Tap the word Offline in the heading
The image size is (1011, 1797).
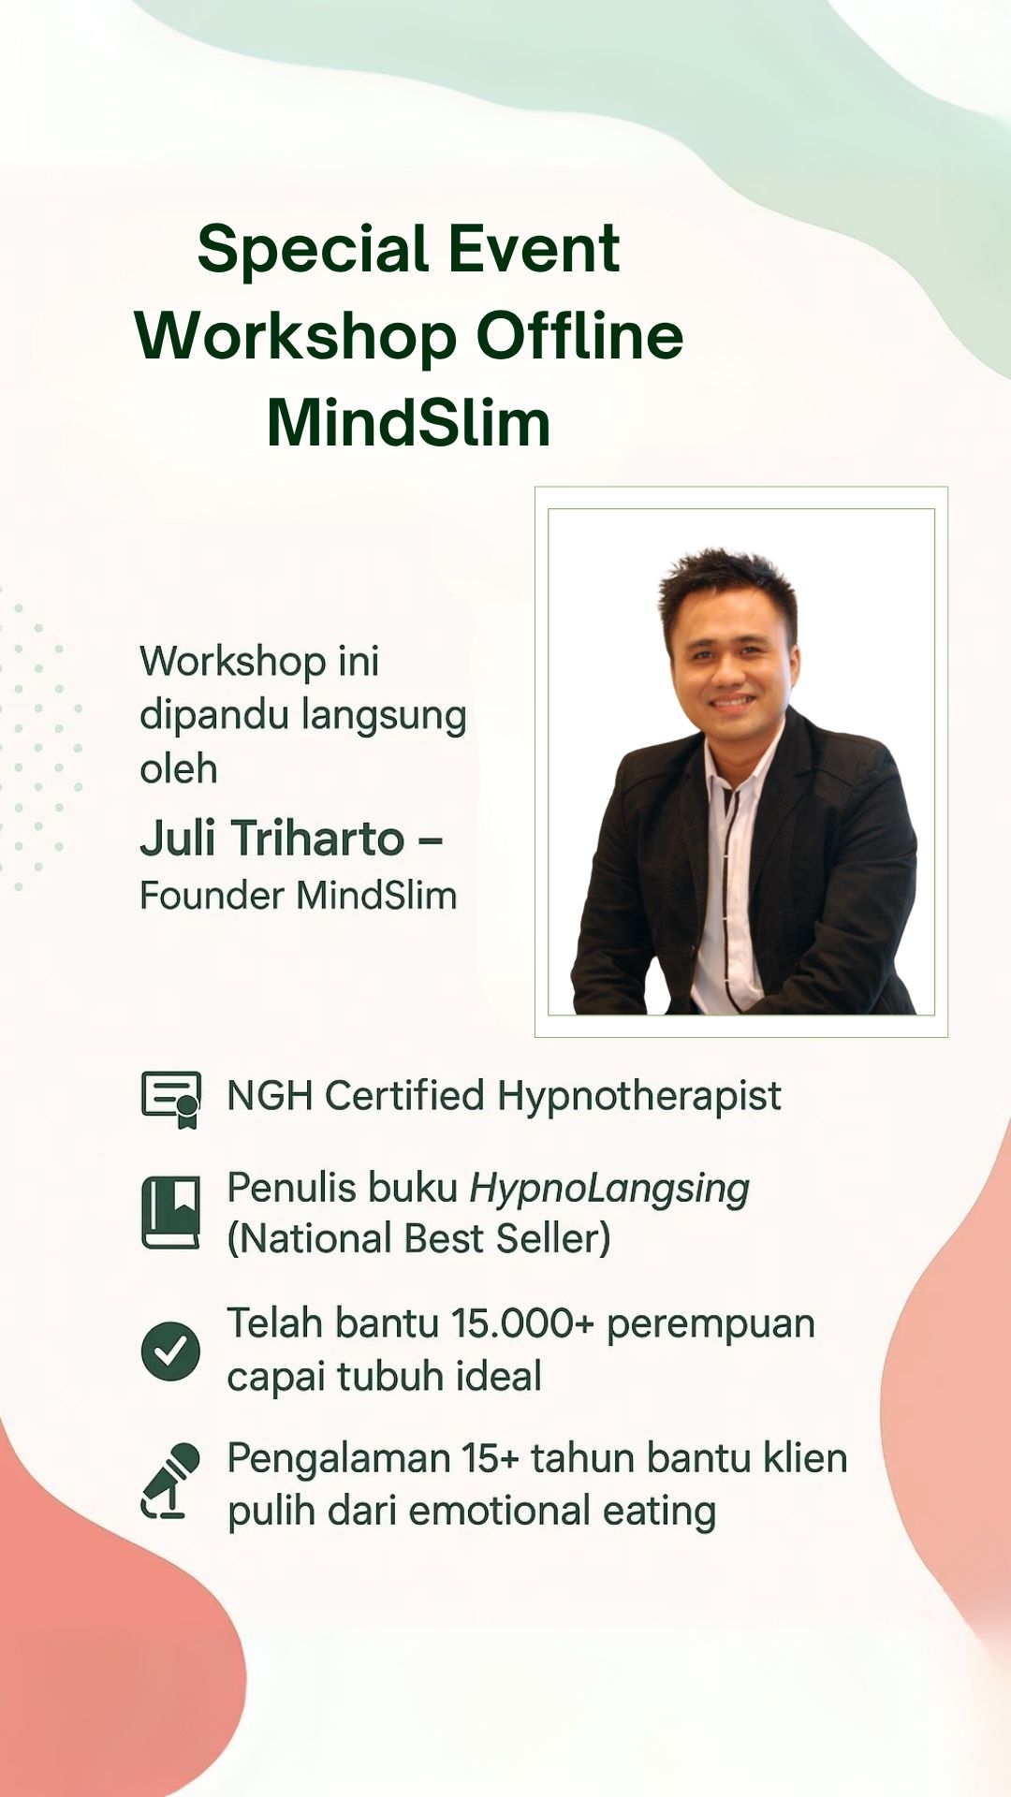click(579, 336)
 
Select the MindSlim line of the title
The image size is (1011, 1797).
click(408, 423)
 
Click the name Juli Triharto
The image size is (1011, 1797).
click(271, 838)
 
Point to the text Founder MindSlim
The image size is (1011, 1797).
click(298, 896)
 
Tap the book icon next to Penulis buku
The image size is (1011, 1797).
click(171, 1212)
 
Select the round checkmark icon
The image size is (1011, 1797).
click(170, 1351)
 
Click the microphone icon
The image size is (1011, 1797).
click(171, 1481)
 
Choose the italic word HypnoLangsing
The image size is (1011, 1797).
click(609, 1190)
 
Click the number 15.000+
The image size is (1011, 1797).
click(522, 1323)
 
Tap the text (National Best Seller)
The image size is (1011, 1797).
click(418, 1239)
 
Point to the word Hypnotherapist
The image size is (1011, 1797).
click(638, 1097)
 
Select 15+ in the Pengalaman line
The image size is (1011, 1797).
click(491, 1458)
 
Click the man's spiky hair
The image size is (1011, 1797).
click(727, 581)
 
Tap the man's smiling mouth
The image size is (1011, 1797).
click(733, 701)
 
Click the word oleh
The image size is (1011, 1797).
click(179, 768)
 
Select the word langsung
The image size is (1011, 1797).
click(384, 717)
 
